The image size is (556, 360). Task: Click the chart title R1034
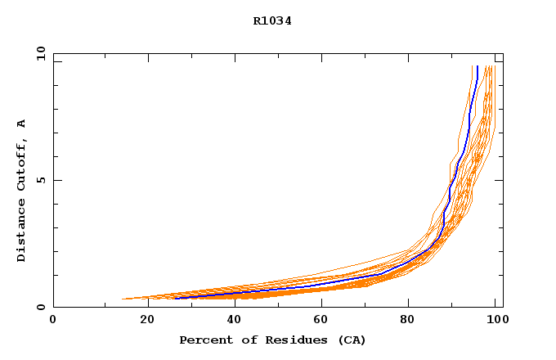tap(272, 21)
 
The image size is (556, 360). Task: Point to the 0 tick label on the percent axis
tap(53, 320)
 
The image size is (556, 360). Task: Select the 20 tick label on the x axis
tap(146, 320)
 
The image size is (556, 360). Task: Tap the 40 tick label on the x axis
tap(235, 320)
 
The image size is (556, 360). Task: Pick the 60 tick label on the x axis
tap(325, 320)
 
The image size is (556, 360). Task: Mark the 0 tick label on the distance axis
tap(41, 308)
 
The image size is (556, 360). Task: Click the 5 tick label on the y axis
tap(41, 180)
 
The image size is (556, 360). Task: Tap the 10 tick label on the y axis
tap(41, 53)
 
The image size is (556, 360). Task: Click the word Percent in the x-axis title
tap(203, 340)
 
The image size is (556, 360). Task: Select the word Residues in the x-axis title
tap(290, 340)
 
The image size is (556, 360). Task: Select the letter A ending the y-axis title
tap(21, 124)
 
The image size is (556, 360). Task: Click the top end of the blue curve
tap(477, 66)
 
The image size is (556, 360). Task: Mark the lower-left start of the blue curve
tap(176, 298)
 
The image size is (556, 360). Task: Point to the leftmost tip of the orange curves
tap(123, 299)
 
